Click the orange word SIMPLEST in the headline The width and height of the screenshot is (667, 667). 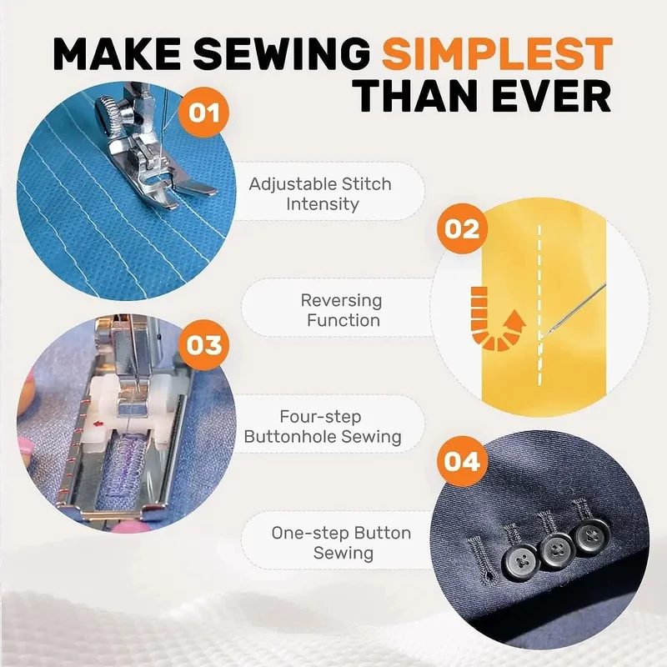click(497, 54)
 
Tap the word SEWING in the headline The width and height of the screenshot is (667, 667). click(282, 54)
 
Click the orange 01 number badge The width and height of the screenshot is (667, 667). click(203, 113)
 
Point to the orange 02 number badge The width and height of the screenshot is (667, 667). click(462, 228)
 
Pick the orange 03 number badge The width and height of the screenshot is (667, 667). click(203, 345)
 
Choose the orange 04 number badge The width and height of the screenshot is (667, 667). click(462, 461)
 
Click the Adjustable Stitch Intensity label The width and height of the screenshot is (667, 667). click(321, 194)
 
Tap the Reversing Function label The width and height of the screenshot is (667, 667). click(342, 310)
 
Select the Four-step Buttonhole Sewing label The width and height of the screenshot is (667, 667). click(323, 427)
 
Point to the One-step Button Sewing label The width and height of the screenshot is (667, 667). click(342, 543)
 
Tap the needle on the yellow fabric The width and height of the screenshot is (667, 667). click(574, 309)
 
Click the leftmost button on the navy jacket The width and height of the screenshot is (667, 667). click(520, 562)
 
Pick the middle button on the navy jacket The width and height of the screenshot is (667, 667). click(556, 549)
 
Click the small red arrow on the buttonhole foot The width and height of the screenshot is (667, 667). click(98, 424)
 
